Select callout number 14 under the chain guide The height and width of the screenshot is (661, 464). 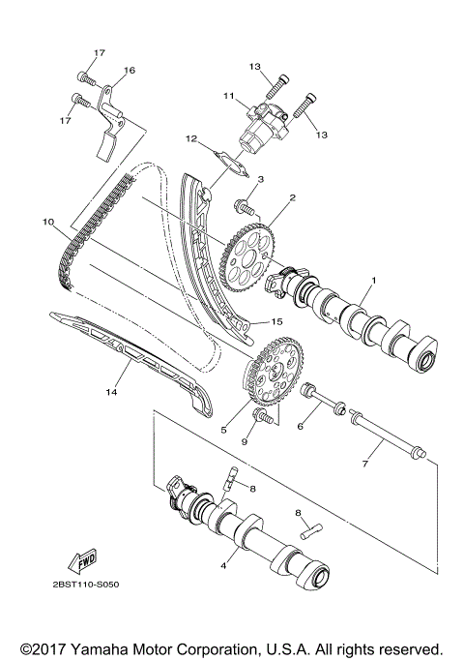[x=110, y=392]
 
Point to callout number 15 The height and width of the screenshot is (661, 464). [x=275, y=321]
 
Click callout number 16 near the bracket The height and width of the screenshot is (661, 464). [x=130, y=70]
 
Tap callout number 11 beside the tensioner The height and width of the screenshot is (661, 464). [x=230, y=97]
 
